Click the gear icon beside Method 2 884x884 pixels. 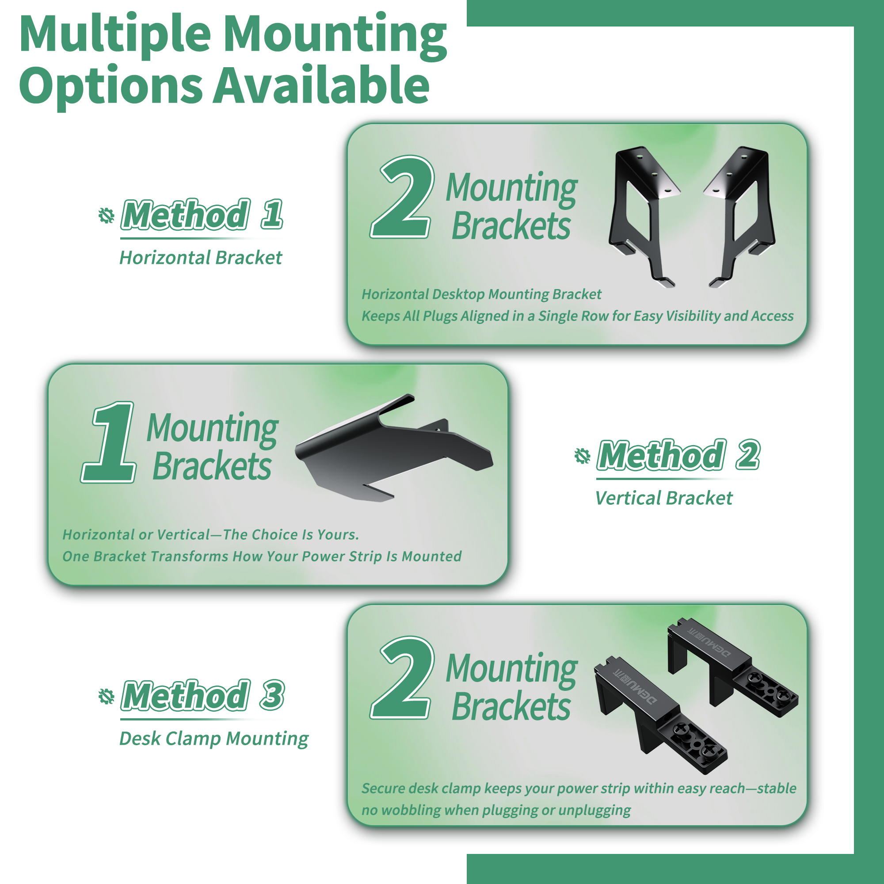[582, 456]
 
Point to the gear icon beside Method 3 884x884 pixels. [106, 696]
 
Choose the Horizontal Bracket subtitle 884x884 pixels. [201, 258]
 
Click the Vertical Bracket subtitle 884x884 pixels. [663, 498]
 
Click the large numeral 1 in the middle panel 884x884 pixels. [109, 442]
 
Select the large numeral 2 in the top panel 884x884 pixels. [402, 197]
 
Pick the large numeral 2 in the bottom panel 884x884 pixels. [402, 677]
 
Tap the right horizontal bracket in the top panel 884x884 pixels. [740, 215]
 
